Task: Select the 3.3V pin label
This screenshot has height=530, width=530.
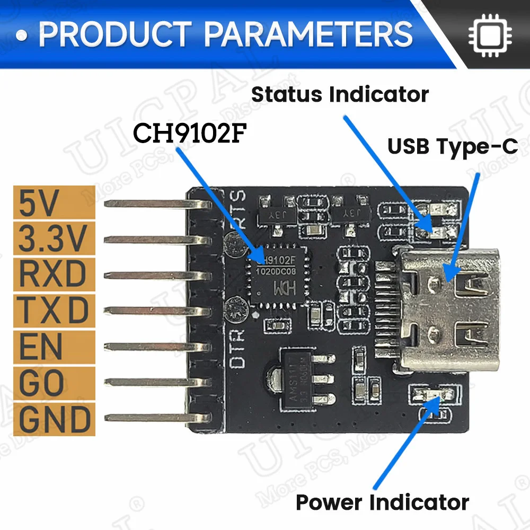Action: coord(52,240)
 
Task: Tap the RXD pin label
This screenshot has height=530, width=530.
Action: coord(52,275)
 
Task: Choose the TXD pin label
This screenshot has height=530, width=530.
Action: coord(52,311)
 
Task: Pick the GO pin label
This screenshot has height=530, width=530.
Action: coord(41,383)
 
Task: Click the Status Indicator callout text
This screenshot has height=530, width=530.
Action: coord(340,95)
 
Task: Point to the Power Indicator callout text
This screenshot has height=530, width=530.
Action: coord(382,501)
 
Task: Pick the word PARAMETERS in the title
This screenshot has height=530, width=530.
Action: coord(308,34)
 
